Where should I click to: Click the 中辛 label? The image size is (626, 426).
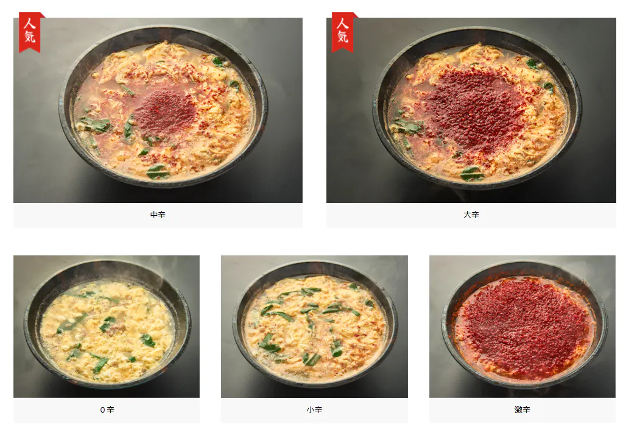click(158, 215)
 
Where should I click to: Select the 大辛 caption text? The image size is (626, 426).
click(471, 215)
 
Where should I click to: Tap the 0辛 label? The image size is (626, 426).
click(107, 410)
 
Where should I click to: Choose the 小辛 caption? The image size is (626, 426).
click(314, 410)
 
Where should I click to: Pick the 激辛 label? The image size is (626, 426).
click(522, 410)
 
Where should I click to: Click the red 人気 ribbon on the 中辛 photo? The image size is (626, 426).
click(30, 32)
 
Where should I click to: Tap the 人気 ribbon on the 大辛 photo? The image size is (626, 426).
click(343, 32)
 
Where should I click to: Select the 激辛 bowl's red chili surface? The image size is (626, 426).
click(523, 328)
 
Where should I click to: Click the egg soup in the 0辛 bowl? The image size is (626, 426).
click(107, 331)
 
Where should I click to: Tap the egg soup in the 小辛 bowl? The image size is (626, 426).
click(315, 328)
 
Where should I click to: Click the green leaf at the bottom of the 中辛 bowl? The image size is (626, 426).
click(158, 172)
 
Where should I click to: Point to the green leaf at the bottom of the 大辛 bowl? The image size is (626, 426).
click(472, 174)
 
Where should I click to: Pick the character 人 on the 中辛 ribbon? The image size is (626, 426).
click(30, 23)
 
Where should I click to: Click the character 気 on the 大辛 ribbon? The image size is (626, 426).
click(343, 37)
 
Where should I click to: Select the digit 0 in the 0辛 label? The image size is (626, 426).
click(102, 410)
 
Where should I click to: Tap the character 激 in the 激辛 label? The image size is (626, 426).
click(518, 410)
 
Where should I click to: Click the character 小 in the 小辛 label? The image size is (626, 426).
click(310, 410)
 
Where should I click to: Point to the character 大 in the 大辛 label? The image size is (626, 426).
click(467, 215)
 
